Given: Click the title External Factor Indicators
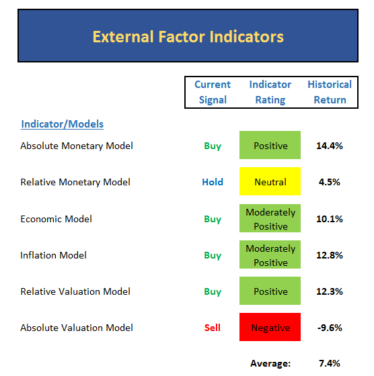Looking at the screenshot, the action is tap(188, 37).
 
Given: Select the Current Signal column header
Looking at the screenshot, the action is tap(213, 92).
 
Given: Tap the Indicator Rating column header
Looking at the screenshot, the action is tap(270, 92).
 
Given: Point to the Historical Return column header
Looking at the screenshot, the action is tap(330, 92).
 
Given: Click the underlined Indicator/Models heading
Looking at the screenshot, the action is tap(62, 124).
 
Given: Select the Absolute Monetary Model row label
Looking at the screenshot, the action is tap(77, 146).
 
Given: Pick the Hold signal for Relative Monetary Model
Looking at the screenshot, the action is tap(213, 182).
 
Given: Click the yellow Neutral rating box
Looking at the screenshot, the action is tap(270, 181).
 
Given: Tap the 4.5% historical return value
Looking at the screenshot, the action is tap(330, 182).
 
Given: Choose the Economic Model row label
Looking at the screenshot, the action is tap(57, 219).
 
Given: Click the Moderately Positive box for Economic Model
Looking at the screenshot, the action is tap(270, 218).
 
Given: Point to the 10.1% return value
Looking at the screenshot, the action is tap(330, 219).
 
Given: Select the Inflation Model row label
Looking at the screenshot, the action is tap(53, 255).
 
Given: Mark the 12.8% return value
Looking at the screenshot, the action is tap(330, 255).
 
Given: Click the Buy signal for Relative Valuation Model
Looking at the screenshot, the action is tap(213, 292).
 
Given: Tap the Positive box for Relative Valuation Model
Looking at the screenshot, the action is tap(270, 291).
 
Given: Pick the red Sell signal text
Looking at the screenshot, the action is tap(213, 328).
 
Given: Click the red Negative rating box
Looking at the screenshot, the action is tap(270, 327).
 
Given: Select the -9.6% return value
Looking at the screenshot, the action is tap(330, 328).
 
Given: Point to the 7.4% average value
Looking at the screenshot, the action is tap(330, 363).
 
